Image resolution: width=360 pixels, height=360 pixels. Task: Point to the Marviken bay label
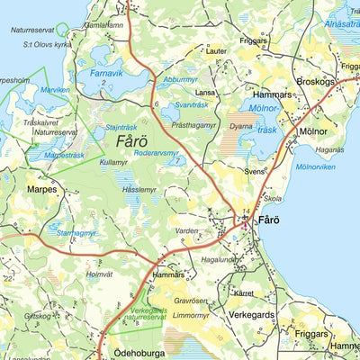click(x=55, y=90)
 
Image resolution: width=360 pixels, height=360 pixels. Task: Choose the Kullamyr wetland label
click(x=114, y=163)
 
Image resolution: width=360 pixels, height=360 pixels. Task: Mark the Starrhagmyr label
click(x=76, y=233)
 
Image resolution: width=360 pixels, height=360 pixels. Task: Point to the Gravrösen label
click(x=191, y=301)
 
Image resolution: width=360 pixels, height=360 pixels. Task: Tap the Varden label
click(x=186, y=231)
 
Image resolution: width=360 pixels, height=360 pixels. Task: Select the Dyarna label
click(x=241, y=128)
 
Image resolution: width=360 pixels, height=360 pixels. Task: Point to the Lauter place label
click(x=216, y=51)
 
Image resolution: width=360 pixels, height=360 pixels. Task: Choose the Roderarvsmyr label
click(x=157, y=152)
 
